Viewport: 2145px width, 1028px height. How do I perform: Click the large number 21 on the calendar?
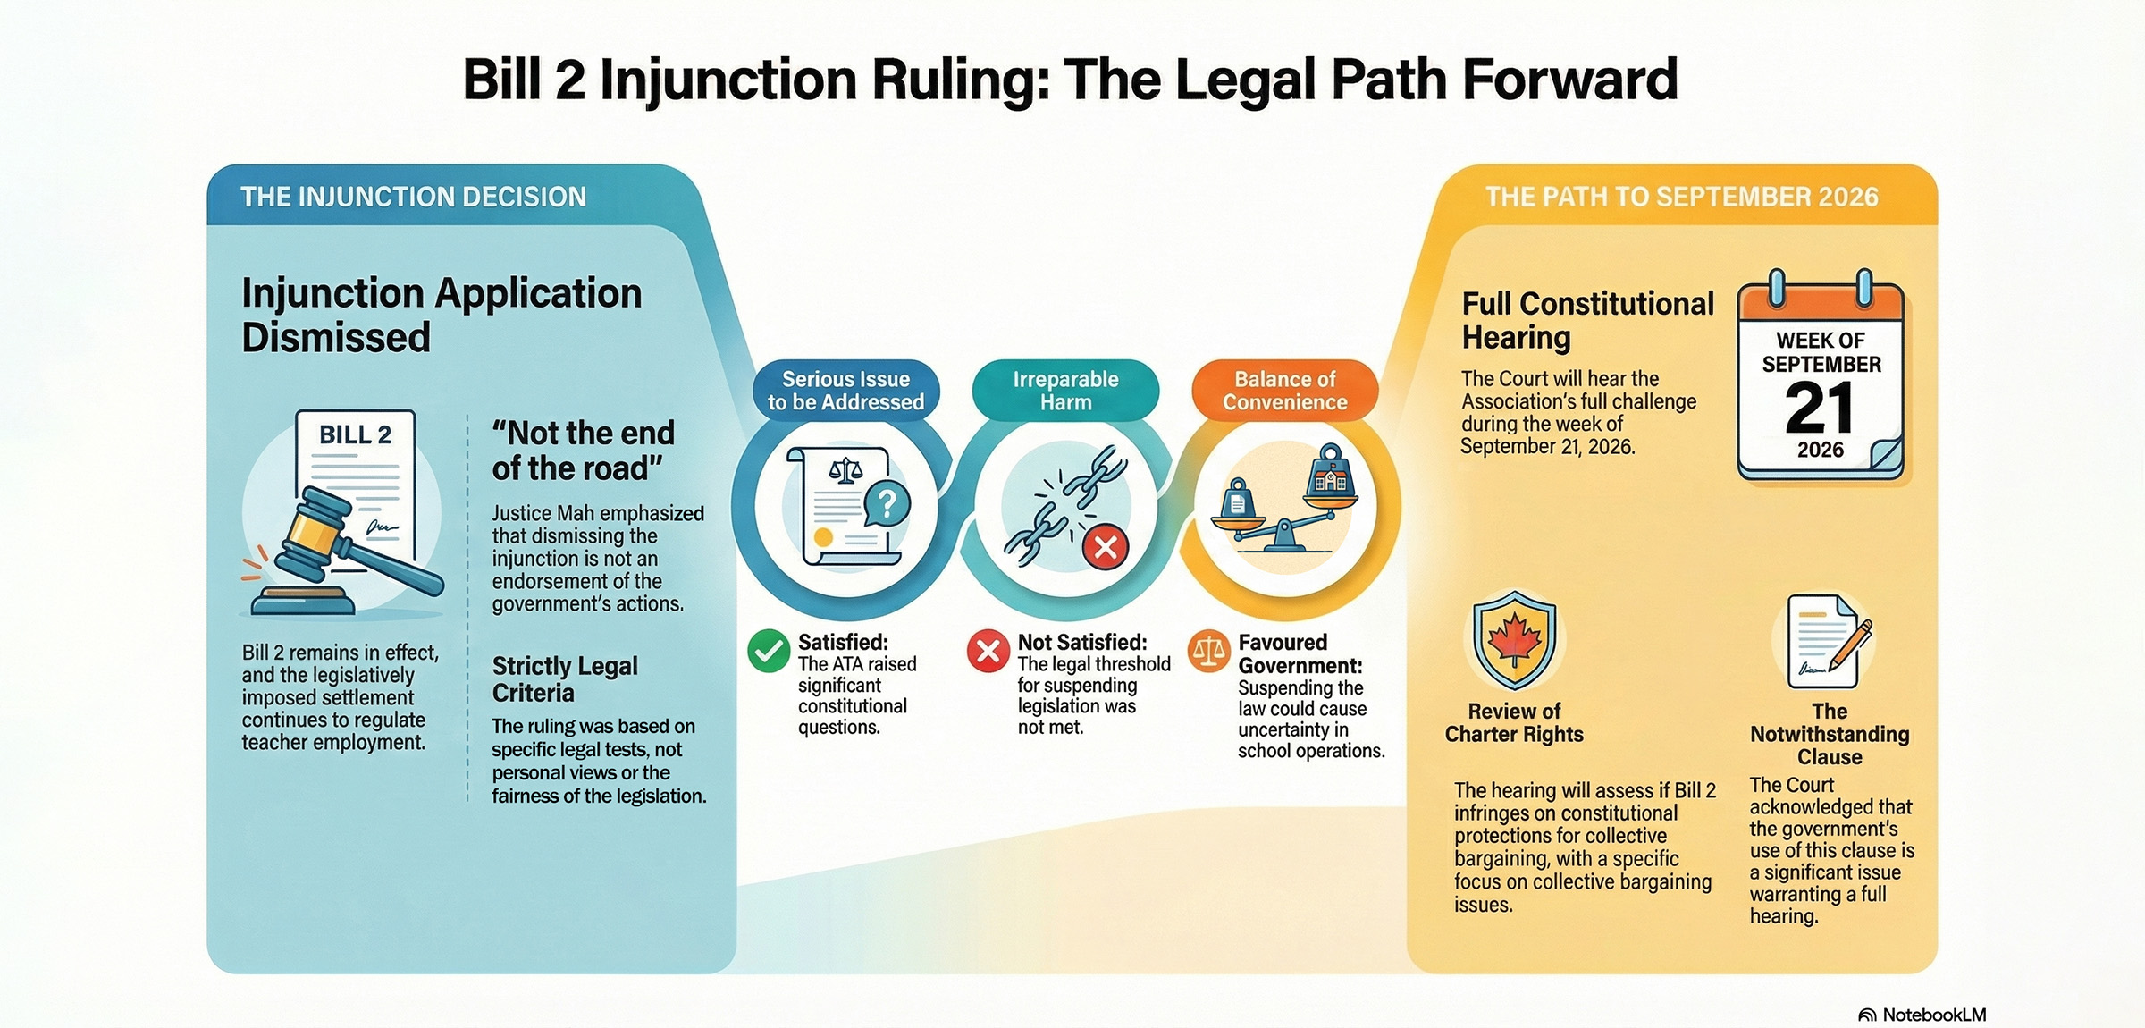(1820, 409)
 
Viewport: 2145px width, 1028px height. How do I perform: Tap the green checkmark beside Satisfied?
(768, 651)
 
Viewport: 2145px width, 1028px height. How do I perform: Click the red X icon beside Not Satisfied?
(988, 651)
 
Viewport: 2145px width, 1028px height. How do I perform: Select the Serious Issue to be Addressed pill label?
(845, 391)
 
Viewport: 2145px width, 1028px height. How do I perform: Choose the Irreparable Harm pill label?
(1065, 391)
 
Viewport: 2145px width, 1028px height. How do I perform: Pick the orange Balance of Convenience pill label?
(1285, 391)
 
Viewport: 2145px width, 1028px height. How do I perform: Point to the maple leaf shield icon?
(1514, 640)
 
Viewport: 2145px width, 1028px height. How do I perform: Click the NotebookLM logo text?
(1933, 1015)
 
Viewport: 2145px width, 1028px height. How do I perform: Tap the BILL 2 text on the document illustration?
(355, 435)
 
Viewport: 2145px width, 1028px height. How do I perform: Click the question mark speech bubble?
(886, 503)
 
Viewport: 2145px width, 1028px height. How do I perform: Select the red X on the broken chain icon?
(1106, 546)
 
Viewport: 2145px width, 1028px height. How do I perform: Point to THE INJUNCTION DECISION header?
(413, 197)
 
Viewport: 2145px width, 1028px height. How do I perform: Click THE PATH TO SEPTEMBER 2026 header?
(1681, 197)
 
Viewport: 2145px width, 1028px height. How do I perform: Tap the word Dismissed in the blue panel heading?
(336, 338)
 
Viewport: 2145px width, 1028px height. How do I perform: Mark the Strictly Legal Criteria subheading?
(565, 679)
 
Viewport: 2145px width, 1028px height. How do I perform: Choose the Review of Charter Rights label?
(1514, 722)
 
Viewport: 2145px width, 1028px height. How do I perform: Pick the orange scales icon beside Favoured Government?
(1208, 652)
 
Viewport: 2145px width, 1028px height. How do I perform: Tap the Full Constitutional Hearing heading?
(1587, 320)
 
